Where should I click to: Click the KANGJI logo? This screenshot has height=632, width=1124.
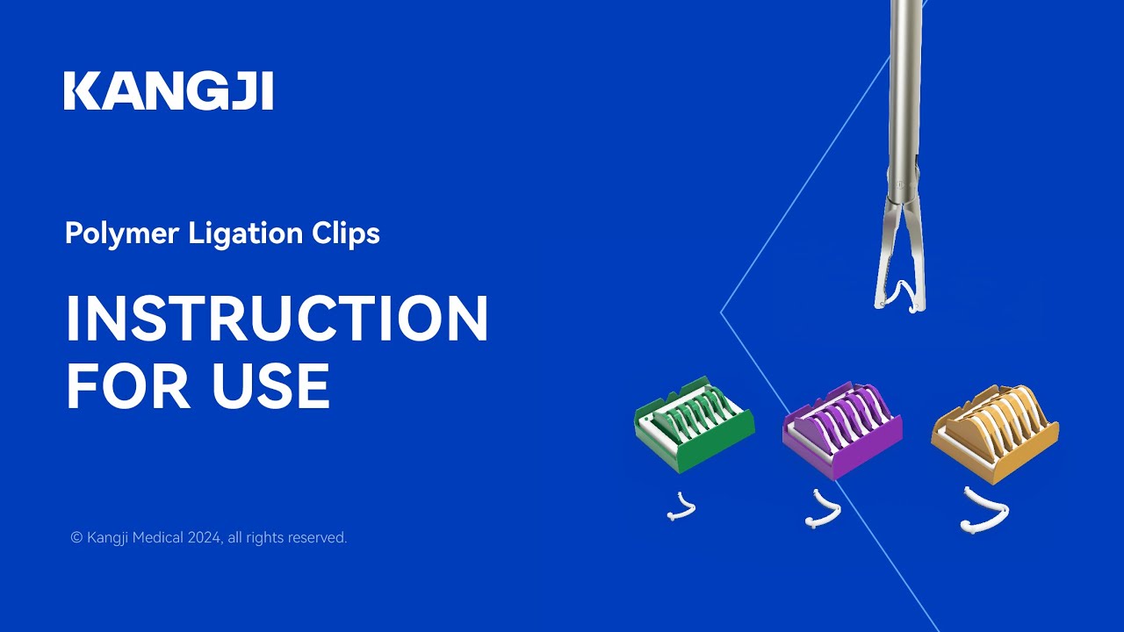(x=168, y=92)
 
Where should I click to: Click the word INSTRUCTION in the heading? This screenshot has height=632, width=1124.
(x=277, y=319)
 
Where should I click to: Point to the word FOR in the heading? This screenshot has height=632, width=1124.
(x=123, y=386)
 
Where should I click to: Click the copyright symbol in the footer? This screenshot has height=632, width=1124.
(x=76, y=538)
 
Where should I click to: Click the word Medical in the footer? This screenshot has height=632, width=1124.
(x=159, y=538)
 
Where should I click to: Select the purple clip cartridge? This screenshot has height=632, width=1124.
(x=841, y=429)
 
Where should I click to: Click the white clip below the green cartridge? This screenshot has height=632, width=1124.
(x=681, y=506)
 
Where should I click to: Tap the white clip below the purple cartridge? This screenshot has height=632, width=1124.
(x=824, y=511)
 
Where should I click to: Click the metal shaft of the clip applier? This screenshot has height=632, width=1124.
(x=904, y=97)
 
